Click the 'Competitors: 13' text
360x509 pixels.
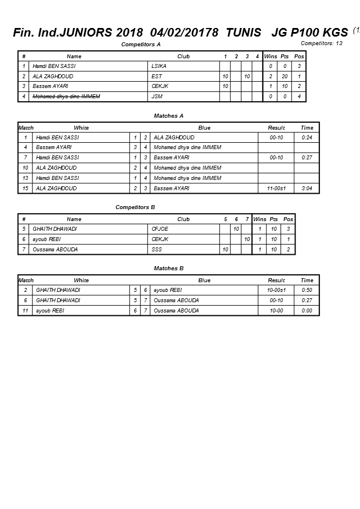[322, 43]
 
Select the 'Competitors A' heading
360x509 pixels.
[141, 44]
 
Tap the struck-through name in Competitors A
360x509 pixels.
[66, 97]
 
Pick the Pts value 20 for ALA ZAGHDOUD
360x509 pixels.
[284, 77]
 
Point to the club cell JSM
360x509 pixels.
[157, 97]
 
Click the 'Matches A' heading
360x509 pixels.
[169, 116]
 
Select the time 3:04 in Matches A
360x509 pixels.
[307, 189]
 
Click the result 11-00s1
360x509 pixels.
[277, 189]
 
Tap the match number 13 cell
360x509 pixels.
[25, 178]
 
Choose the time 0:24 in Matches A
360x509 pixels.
[307, 138]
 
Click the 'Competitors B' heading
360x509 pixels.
[135, 207]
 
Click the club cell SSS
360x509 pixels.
[157, 250]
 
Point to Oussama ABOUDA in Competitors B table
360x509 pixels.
[55, 250]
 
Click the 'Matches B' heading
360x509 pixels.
[169, 268]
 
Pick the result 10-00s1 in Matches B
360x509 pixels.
[277, 290]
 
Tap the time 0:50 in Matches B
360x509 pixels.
[307, 290]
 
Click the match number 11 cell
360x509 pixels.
[26, 311]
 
